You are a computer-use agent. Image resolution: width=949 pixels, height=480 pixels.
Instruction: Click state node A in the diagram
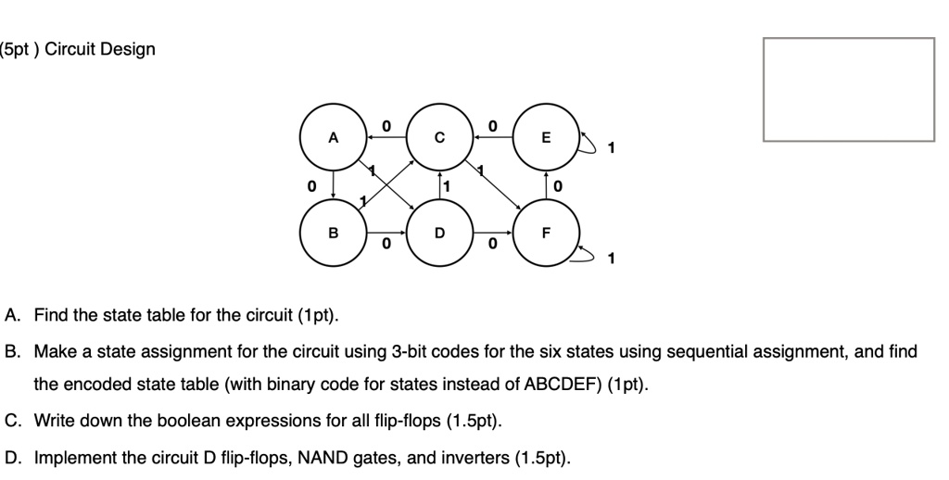coord(333,138)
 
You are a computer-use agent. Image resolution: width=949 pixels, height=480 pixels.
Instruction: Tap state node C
coord(440,138)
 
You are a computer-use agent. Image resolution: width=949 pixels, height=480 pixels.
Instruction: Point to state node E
coord(546,138)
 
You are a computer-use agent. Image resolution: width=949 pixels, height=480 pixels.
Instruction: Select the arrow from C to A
coord(386,136)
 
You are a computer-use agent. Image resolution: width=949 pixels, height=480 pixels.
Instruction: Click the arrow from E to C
coord(493,136)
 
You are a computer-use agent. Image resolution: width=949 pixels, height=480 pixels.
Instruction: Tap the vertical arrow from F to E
coord(547,185)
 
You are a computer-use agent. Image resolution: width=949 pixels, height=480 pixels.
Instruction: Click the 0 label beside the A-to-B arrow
coord(311,186)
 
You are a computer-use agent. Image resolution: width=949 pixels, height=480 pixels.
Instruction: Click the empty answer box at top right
coord(848,89)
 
